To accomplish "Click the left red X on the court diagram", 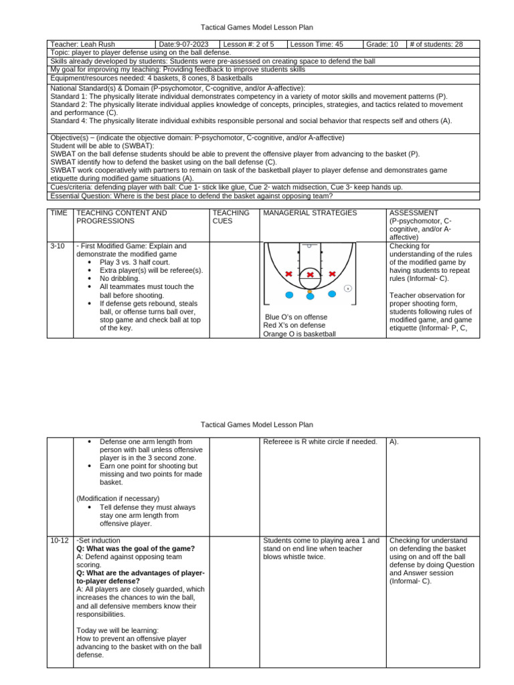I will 288,274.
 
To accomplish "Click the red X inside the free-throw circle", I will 311,275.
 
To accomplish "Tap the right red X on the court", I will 333,274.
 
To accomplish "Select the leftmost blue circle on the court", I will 289,294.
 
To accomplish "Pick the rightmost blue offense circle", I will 332,294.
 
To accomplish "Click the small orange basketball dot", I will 310,291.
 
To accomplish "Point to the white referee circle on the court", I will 348,288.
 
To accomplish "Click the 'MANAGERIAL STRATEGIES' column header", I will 301,213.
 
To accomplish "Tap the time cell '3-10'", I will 58,246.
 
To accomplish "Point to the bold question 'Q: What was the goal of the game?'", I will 136,549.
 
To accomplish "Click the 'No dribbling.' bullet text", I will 120,278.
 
